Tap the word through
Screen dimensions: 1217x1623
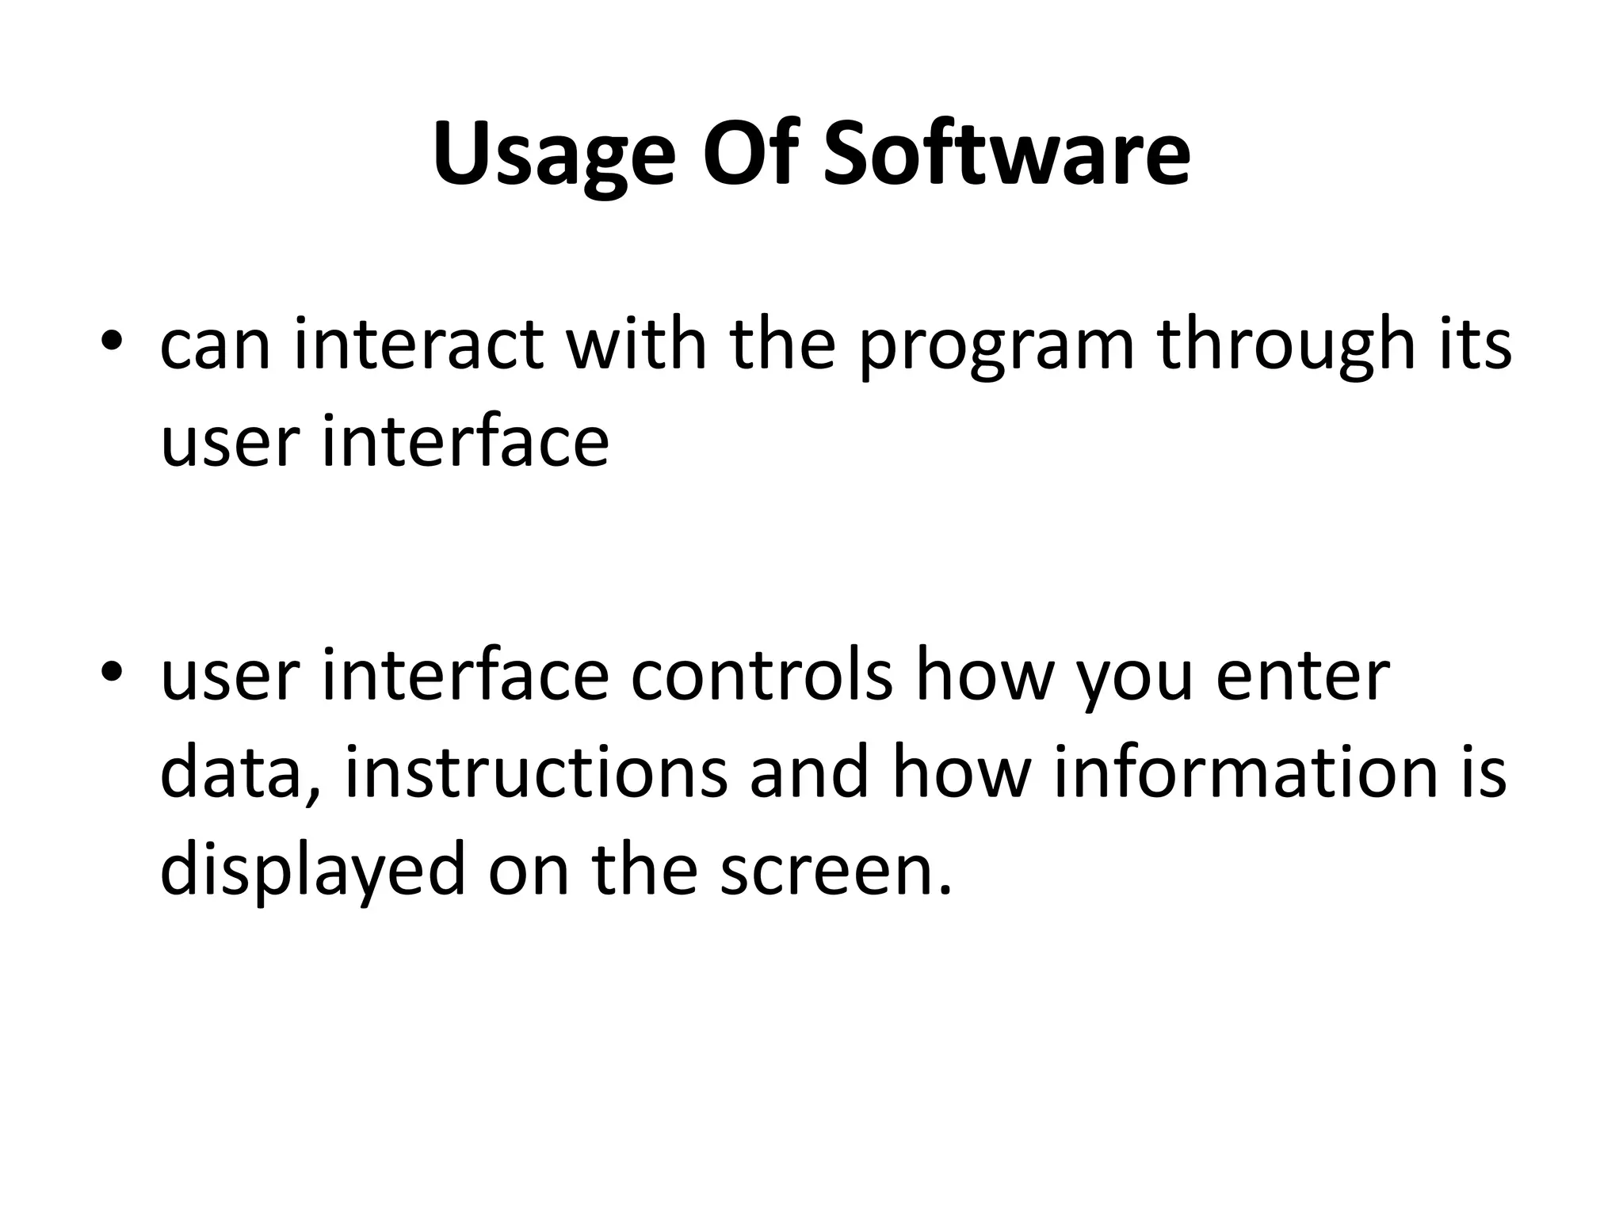[1285, 345]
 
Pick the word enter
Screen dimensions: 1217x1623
[1302, 677]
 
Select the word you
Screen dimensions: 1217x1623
[1134, 681]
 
